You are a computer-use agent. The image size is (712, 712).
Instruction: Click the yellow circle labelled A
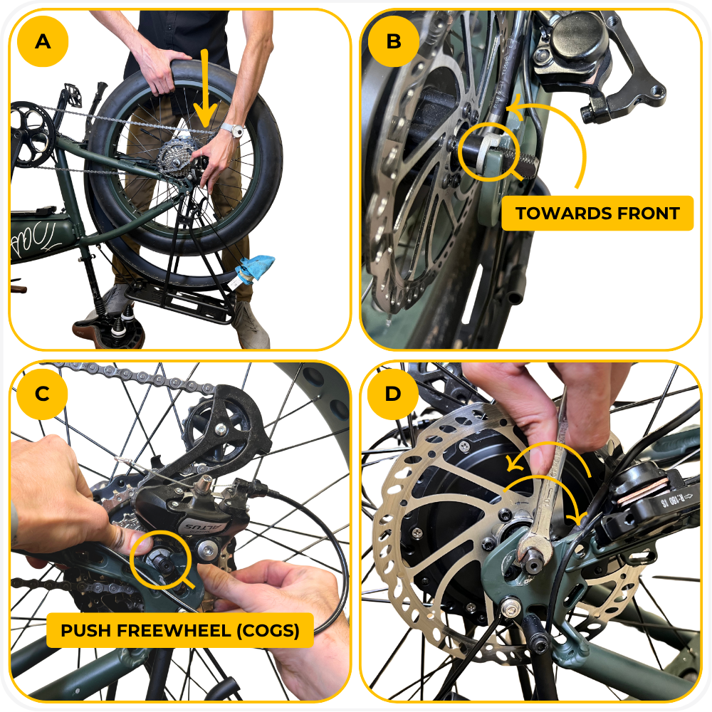pyautogui.click(x=43, y=41)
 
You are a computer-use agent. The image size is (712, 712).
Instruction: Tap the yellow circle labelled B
pyautogui.click(x=393, y=41)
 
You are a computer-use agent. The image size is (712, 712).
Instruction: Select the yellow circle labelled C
pyautogui.click(x=42, y=393)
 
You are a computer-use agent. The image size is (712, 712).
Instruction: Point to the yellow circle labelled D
pyautogui.click(x=393, y=393)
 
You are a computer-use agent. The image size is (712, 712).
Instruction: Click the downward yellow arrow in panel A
pyautogui.click(x=205, y=88)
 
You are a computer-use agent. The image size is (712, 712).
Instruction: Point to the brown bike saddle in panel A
pyautogui.click(x=109, y=332)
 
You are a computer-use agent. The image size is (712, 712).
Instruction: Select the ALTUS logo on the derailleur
pyautogui.click(x=200, y=527)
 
